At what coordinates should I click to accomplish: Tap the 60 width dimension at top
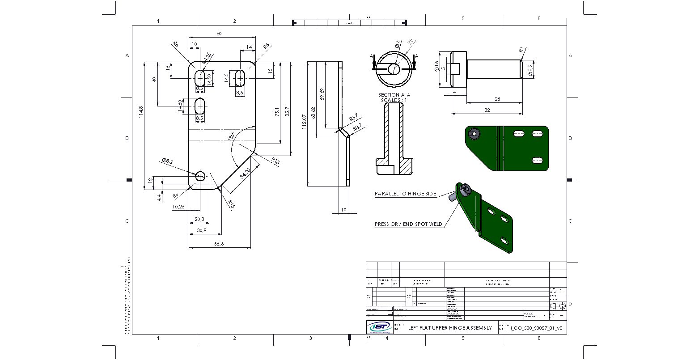[x=219, y=34]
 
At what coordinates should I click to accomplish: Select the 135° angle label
[x=231, y=136]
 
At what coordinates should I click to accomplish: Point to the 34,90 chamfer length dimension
[x=245, y=173]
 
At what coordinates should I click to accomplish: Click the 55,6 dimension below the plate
[x=219, y=243]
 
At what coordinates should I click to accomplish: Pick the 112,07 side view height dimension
[x=305, y=122]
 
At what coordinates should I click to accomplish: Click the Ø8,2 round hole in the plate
[x=200, y=176]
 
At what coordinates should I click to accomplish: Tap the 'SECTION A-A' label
[x=394, y=95]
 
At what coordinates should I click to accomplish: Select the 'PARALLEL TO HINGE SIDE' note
[x=405, y=194]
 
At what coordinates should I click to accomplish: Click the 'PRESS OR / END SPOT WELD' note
[x=408, y=224]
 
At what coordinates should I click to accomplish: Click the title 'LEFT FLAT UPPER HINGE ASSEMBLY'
[x=450, y=328]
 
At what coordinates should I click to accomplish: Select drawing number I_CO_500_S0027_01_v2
[x=536, y=328]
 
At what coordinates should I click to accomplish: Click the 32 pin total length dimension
[x=487, y=110]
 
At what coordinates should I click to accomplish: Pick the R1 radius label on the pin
[x=521, y=50]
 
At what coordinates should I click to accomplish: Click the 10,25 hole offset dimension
[x=178, y=207]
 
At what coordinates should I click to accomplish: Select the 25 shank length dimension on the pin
[x=497, y=98]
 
